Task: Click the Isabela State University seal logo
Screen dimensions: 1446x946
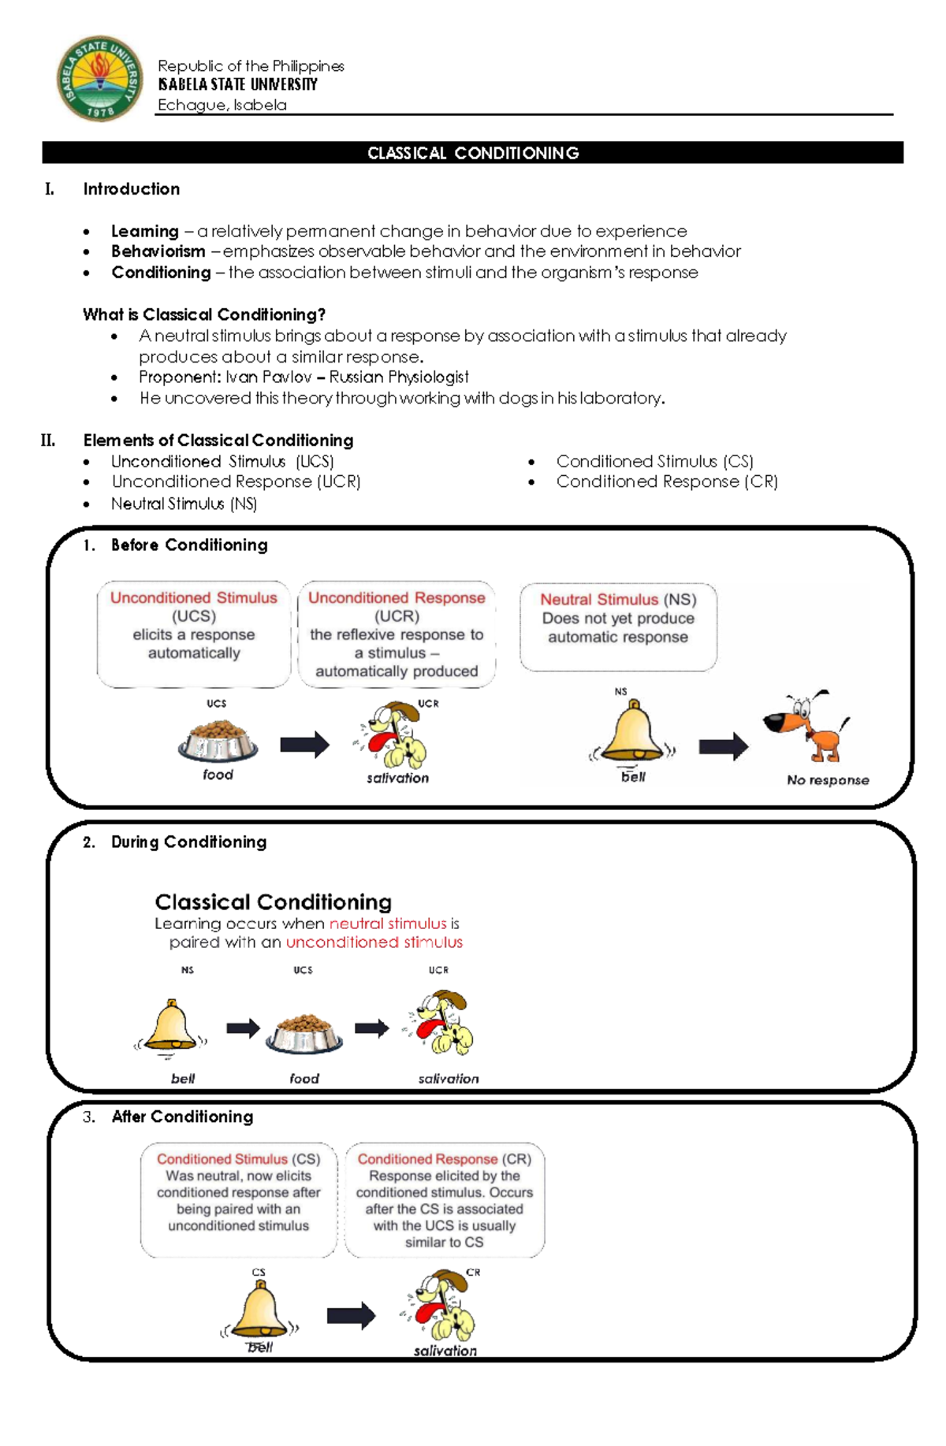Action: point(99,78)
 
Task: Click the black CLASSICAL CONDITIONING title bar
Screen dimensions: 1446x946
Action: point(472,153)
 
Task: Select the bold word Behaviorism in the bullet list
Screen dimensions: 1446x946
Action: point(158,251)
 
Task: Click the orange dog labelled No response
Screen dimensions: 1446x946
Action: point(806,727)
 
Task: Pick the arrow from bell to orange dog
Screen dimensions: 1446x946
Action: point(723,745)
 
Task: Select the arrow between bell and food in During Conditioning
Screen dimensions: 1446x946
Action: point(243,1028)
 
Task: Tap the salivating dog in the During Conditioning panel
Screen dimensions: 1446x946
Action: point(440,1024)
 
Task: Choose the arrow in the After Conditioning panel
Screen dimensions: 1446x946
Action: point(351,1314)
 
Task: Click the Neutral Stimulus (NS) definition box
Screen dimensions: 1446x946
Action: point(618,626)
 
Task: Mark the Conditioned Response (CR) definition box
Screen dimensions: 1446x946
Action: point(445,1199)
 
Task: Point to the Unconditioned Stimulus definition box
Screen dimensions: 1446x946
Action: point(194,634)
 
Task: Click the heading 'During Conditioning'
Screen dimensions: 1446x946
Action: point(188,842)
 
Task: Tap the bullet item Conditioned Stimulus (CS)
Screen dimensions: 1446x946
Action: point(654,461)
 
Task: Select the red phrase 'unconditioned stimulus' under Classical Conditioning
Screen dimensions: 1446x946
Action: point(374,942)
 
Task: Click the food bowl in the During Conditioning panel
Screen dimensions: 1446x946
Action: point(304,1034)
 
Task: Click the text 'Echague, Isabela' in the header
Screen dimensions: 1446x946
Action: point(222,105)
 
